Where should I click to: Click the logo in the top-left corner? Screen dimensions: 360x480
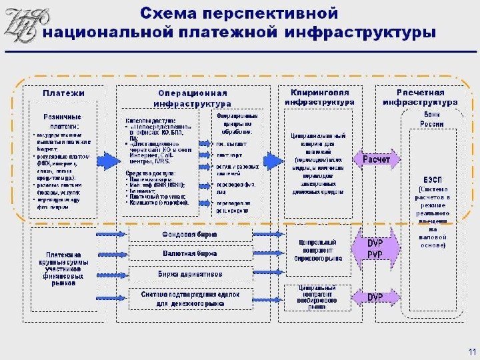click(x=22, y=25)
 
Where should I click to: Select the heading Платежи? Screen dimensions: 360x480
click(x=64, y=94)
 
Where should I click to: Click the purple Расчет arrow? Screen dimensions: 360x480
click(x=376, y=159)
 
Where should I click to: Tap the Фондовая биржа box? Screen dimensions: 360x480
click(x=190, y=235)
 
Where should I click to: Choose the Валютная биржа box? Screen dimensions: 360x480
click(x=190, y=254)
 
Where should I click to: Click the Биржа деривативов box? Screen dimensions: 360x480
click(x=190, y=273)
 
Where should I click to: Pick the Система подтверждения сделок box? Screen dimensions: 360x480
click(x=190, y=297)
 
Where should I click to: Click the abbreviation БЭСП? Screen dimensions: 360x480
click(x=431, y=181)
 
